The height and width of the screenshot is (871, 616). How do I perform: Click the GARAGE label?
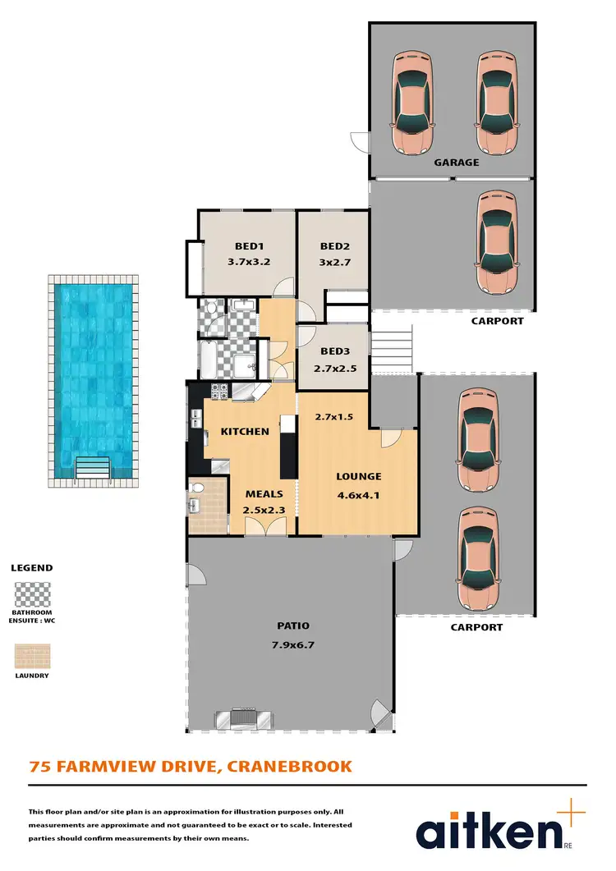pos(457,163)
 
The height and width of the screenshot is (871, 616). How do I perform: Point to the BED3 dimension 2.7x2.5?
pos(335,369)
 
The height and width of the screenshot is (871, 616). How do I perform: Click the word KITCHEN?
pos(244,431)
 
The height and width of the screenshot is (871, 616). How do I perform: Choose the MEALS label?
pos(264,494)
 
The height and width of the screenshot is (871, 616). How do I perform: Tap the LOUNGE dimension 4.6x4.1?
pos(358,494)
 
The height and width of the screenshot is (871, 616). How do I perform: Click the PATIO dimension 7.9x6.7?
pos(292,644)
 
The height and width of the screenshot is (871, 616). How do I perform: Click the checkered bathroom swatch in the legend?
pos(32,594)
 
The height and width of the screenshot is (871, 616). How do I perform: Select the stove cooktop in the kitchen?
pos(219,392)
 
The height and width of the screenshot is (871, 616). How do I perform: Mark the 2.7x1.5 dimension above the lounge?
pos(334,417)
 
